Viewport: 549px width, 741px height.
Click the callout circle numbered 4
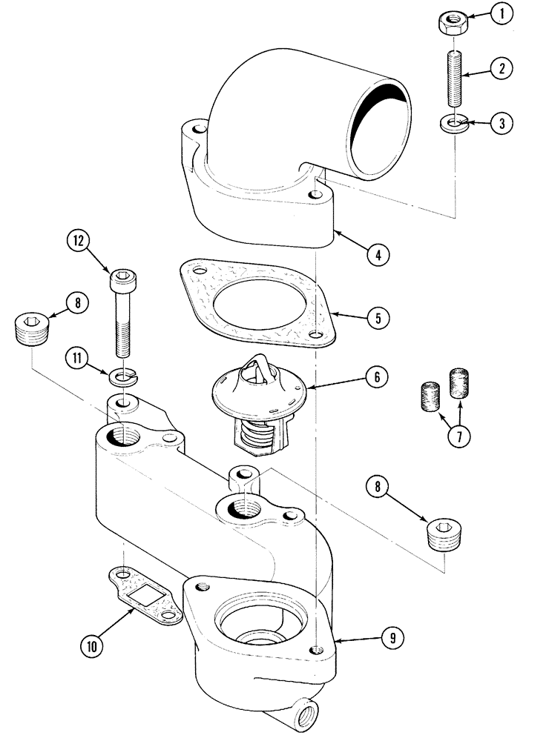point(378,256)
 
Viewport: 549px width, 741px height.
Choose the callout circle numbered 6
point(376,376)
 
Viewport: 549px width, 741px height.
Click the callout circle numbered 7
point(458,437)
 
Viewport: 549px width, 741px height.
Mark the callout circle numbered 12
point(79,241)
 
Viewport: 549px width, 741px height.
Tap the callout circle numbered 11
point(79,357)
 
